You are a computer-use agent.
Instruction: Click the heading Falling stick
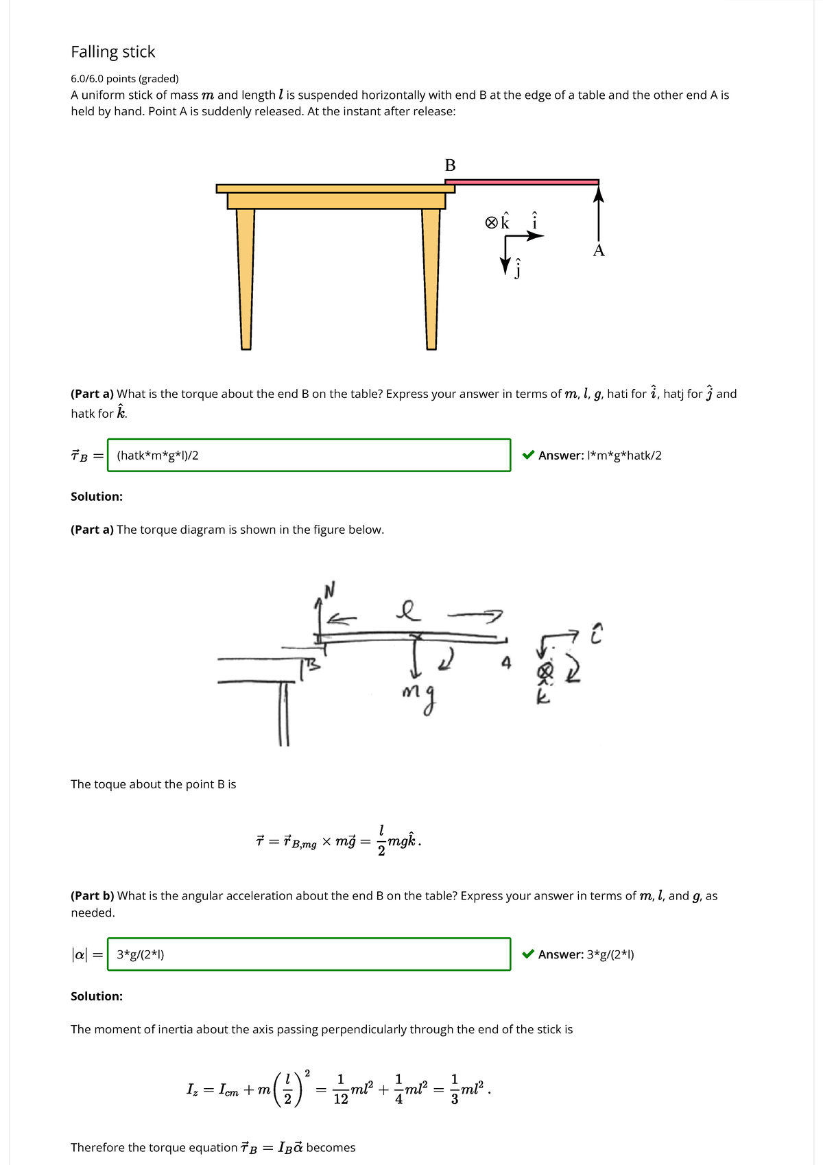click(113, 52)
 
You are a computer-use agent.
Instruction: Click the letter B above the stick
click(450, 165)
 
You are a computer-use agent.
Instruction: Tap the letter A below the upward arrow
click(599, 250)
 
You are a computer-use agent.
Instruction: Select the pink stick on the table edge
click(521, 182)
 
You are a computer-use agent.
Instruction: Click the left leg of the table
click(246, 278)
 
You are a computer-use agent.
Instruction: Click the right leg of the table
click(431, 278)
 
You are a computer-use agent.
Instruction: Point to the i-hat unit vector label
click(535, 221)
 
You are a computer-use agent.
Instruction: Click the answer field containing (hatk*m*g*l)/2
click(309, 455)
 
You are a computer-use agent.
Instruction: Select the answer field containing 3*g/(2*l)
click(309, 954)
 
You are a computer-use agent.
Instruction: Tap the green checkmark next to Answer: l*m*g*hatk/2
click(528, 455)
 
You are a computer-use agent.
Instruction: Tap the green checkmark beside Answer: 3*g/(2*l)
click(528, 954)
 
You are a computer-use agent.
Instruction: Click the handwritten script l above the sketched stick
click(408, 609)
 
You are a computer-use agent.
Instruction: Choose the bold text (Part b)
click(93, 896)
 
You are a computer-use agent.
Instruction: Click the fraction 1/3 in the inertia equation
click(455, 1090)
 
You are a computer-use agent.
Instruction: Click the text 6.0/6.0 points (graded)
click(125, 79)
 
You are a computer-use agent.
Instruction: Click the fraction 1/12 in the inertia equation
click(340, 1090)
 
